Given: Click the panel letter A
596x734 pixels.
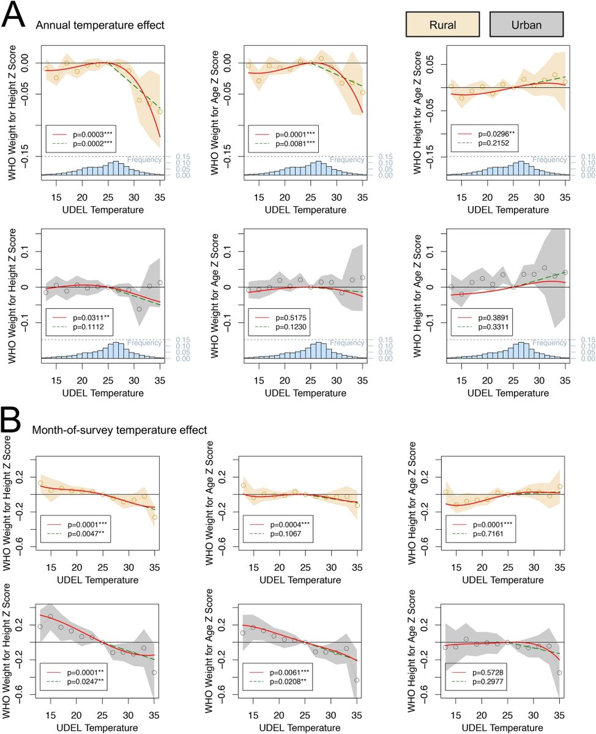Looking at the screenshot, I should click(15, 15).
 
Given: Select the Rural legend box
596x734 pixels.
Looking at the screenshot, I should click(441, 25).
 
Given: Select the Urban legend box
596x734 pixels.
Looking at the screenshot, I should click(526, 25).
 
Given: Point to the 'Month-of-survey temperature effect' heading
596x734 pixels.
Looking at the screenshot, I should click(120, 430).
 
